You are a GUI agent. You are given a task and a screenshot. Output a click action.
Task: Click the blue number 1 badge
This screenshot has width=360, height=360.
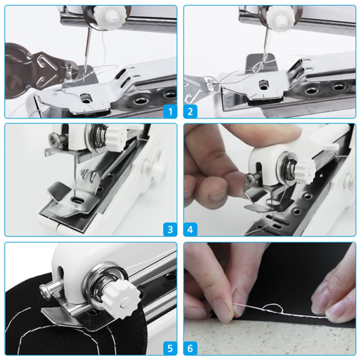pos(170,112)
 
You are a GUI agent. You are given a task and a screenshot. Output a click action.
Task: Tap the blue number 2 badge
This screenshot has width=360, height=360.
pos(190,112)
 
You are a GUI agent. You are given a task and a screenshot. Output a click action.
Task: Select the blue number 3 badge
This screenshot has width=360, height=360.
pos(170,229)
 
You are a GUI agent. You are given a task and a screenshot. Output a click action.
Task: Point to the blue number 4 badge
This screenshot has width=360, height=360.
pos(190,229)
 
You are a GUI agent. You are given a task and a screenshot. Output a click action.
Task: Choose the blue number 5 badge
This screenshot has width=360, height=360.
pos(170,348)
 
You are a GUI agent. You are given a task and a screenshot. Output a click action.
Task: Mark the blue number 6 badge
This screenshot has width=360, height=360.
pos(190,348)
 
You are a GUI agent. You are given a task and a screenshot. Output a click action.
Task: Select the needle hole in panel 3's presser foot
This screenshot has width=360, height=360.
pos(77,201)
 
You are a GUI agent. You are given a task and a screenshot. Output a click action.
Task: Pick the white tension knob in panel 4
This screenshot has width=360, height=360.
pos(305,171)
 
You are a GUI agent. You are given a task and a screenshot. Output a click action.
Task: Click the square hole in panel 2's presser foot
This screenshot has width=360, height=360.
pos(263,85)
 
